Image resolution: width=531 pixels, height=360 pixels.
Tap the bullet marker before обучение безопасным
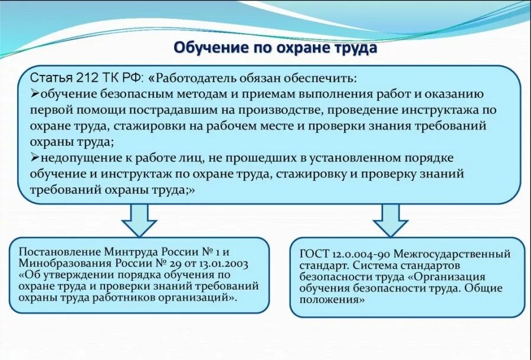click(x=34, y=94)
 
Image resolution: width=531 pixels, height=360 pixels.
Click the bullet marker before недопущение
click(x=34, y=158)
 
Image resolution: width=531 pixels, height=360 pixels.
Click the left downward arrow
click(x=139, y=220)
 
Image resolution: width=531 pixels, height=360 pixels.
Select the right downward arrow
click(x=390, y=220)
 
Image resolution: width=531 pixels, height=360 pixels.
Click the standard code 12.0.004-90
click(x=360, y=254)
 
